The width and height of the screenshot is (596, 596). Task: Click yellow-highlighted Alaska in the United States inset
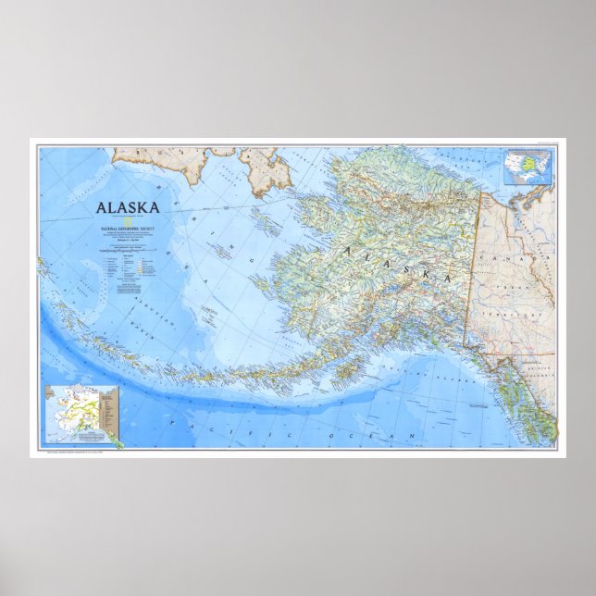(x=512, y=175)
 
